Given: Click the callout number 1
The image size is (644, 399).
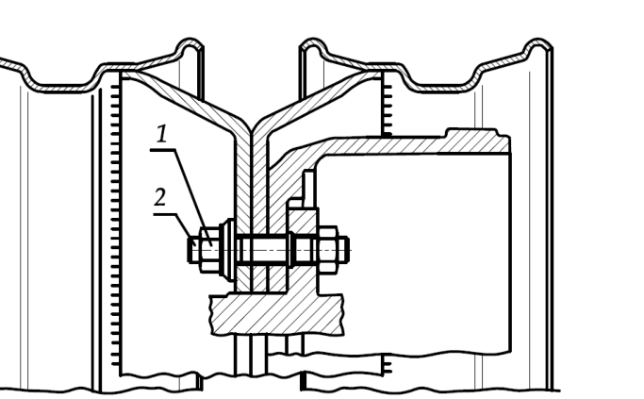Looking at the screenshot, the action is point(162,134).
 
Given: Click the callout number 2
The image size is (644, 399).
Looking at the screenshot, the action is point(159,197).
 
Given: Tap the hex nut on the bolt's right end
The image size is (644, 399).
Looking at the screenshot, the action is point(328,249).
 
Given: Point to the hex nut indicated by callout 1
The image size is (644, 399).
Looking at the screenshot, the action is point(210,249).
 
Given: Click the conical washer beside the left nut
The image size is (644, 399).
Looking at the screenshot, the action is point(227,249).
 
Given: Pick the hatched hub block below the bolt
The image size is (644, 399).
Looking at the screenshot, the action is point(277,313).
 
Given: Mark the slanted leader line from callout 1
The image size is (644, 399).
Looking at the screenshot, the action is point(193,198).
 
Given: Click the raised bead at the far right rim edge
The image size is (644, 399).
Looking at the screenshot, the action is point(538,47).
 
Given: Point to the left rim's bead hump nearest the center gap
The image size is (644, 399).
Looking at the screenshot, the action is point(190,47).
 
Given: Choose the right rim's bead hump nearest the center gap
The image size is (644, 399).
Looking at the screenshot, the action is point(313,47).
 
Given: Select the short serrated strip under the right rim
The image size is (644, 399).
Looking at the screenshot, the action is point(387,107).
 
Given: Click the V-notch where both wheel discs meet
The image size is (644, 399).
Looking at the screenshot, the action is point(251,126).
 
